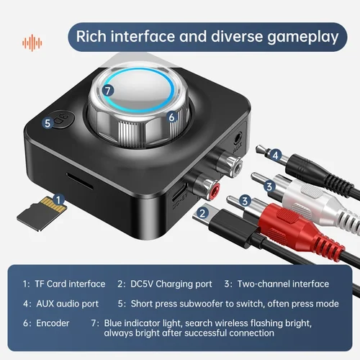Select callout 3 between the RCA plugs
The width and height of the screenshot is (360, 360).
245,202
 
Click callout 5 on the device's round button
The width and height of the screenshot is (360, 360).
48,123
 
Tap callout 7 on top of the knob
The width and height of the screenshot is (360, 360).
107,91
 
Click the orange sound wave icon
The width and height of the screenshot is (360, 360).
32,41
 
